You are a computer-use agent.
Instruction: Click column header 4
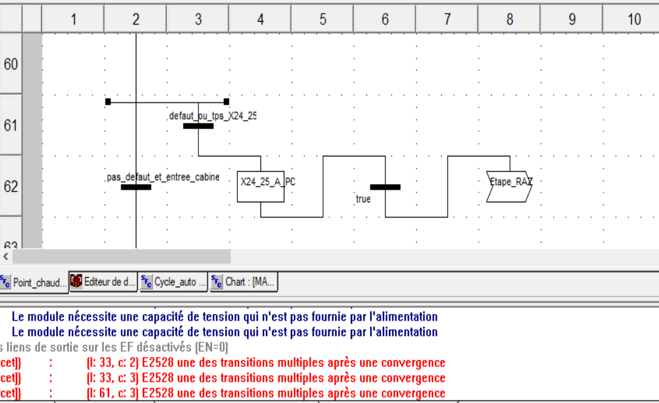pos(260,19)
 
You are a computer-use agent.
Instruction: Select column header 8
pos(509,19)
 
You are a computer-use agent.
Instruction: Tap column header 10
pos(634,19)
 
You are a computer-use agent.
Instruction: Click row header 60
pos(11,64)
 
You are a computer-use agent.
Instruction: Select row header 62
pos(11,186)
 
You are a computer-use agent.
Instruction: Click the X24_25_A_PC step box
pos(260,187)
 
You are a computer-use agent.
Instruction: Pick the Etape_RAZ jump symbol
pos(509,187)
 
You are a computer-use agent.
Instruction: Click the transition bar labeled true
pos(385,187)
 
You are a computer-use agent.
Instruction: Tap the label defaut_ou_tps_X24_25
pos(212,116)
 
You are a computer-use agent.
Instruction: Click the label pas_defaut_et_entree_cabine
pos(162,177)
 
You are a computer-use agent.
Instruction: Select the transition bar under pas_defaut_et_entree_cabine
pos(136,187)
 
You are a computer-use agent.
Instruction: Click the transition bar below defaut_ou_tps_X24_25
pos(198,126)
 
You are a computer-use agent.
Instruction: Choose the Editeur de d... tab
pos(104,282)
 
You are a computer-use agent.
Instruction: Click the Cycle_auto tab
pos(173,282)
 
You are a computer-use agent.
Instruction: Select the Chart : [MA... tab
pos(243,282)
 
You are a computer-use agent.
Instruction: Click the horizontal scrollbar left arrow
pos(6,256)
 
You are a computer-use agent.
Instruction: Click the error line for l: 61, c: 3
pos(266,393)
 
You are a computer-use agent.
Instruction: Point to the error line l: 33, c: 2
pos(266,363)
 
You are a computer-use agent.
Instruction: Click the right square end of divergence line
pos(226,101)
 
